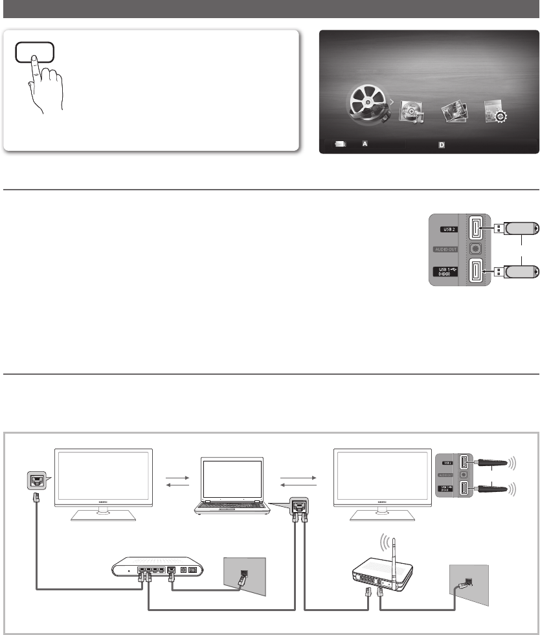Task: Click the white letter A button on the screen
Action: [365, 144]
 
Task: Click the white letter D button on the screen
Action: [442, 144]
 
